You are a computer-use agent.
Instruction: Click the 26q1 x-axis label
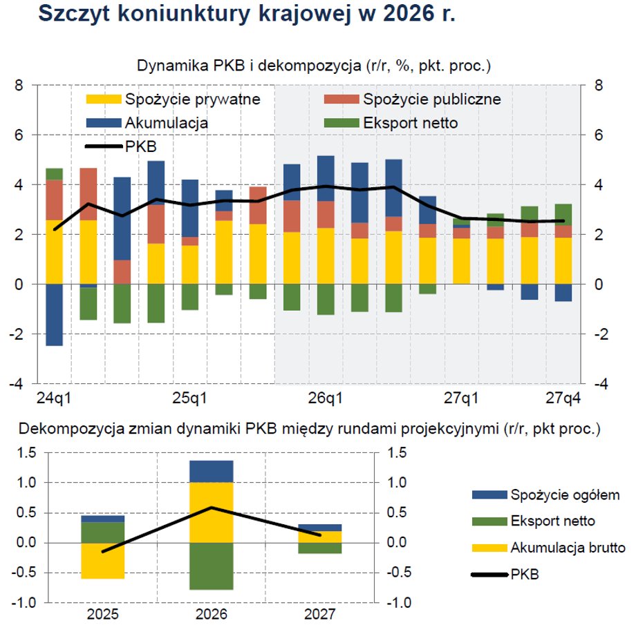pyautogui.click(x=326, y=398)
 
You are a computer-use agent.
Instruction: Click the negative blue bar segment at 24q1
pyautogui.click(x=54, y=314)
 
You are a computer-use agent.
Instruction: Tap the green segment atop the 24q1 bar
pyautogui.click(x=54, y=174)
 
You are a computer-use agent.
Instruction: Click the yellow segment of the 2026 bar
pyautogui.click(x=212, y=512)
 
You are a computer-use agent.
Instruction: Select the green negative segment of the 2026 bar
pyautogui.click(x=212, y=566)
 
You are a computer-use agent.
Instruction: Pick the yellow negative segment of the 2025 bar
pyautogui.click(x=103, y=560)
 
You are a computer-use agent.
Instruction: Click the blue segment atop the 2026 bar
pyautogui.click(x=212, y=471)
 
